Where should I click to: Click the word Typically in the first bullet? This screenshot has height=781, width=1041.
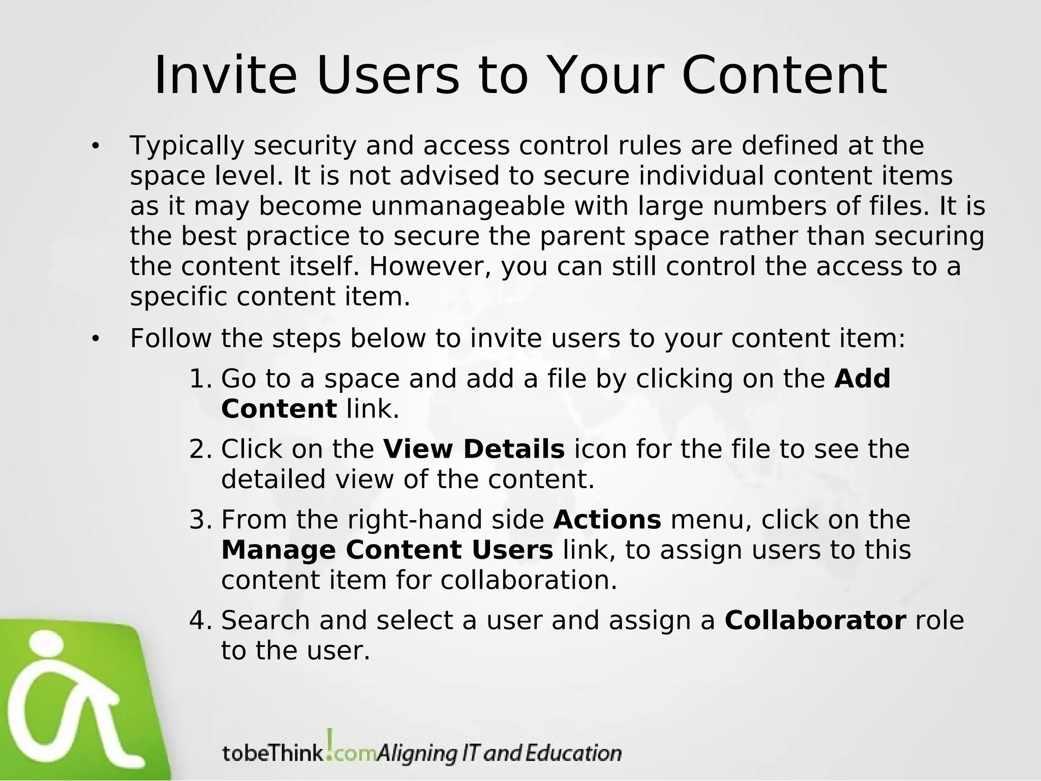pyautogui.click(x=187, y=146)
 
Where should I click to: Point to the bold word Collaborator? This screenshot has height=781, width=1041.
pyautogui.click(x=815, y=620)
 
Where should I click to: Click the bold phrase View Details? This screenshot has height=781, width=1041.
pyautogui.click(x=474, y=449)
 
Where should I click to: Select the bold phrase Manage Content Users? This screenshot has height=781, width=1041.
pyautogui.click(x=387, y=550)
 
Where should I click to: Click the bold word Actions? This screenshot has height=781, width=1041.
pyautogui.click(x=607, y=520)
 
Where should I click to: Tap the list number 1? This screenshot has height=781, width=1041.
pyautogui.click(x=199, y=379)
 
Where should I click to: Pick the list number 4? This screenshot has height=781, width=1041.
pyautogui.click(x=199, y=620)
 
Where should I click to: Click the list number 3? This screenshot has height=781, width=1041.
pyautogui.click(x=199, y=520)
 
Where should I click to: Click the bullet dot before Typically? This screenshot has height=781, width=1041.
pyautogui.click(x=95, y=147)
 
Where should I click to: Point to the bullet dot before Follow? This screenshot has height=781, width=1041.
pyautogui.click(x=95, y=339)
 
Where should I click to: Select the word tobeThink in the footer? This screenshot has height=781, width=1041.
pyautogui.click(x=272, y=753)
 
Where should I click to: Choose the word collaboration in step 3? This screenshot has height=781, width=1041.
pyautogui.click(x=529, y=581)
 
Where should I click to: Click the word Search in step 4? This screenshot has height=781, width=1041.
pyautogui.click(x=265, y=620)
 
